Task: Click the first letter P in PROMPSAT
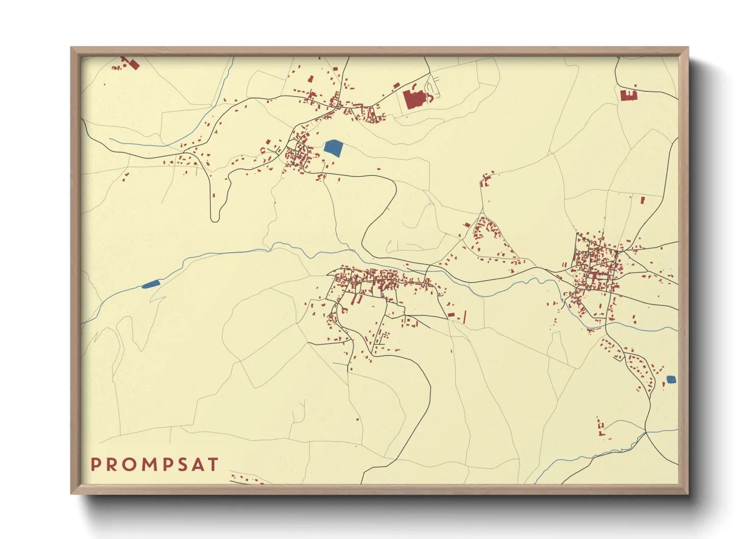[x=95, y=465]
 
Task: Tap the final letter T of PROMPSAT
[x=213, y=465]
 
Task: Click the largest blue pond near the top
[x=333, y=148]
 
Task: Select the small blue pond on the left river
[x=151, y=284]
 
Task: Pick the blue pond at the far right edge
[x=671, y=379]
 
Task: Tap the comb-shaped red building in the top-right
[x=628, y=95]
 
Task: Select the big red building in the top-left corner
[x=134, y=65]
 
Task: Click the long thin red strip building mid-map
[x=465, y=316]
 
